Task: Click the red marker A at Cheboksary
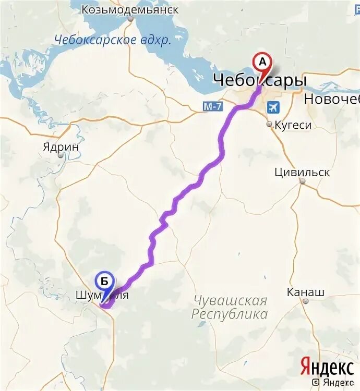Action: tap(262, 62)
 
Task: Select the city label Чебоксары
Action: tap(259, 80)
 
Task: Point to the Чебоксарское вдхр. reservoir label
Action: tap(113, 41)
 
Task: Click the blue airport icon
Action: tap(272, 107)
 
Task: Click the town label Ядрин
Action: tap(61, 147)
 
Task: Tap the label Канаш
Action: tap(306, 292)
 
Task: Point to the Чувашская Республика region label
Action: tap(230, 308)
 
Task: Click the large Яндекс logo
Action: tap(327, 367)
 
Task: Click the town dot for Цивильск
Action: tap(302, 181)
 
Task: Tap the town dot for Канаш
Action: tap(306, 301)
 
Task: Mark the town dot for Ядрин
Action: tap(61, 155)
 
